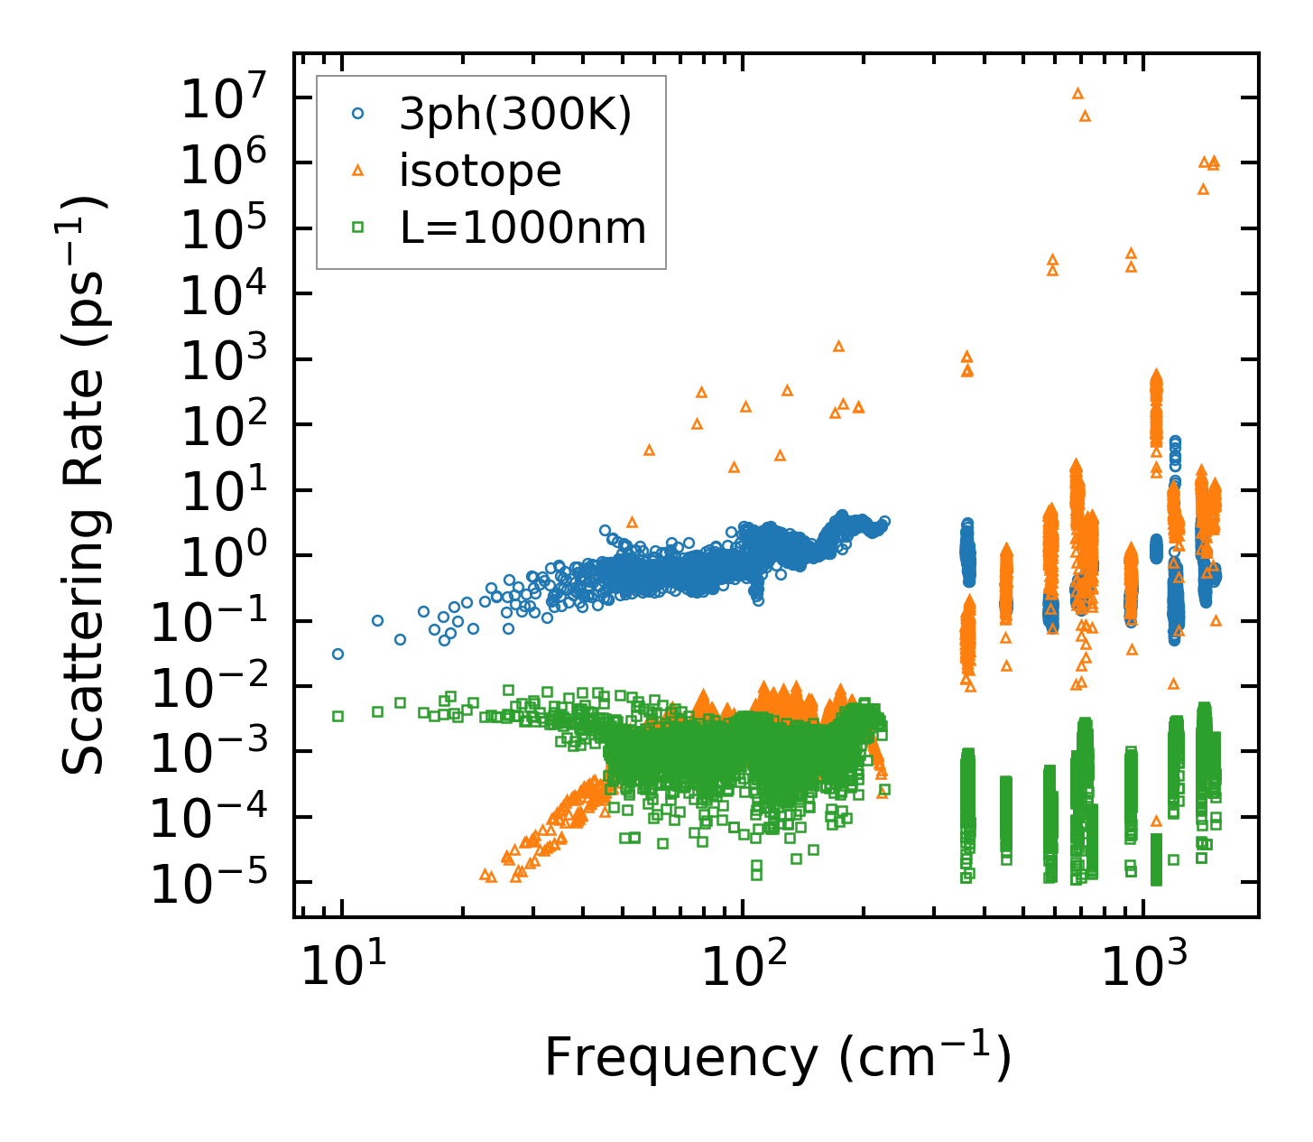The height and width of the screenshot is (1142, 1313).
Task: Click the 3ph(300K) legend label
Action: point(515,115)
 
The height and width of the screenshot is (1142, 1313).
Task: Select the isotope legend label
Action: point(480,171)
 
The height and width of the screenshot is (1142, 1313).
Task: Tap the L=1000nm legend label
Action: point(523,227)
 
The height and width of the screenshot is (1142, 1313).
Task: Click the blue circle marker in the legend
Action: point(358,114)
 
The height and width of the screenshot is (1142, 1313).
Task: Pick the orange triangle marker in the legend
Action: point(358,170)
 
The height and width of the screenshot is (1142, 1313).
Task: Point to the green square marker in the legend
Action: point(358,227)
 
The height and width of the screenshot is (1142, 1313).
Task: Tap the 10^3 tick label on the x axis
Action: point(1142,968)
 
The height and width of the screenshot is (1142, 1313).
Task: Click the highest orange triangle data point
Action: point(1077,93)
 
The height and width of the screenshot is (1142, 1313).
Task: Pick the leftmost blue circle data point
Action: point(337,654)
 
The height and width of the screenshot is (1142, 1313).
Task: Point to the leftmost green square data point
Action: point(337,716)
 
